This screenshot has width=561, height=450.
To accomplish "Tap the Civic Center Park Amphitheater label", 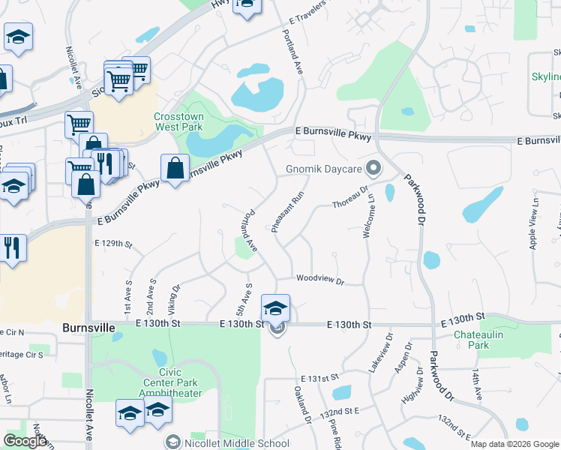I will pos(169,382).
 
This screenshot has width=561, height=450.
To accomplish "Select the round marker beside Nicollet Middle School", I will pos(174,442).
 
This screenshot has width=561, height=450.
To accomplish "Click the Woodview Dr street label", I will pos(319,280).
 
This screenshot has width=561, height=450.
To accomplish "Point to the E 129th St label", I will pos(113,244).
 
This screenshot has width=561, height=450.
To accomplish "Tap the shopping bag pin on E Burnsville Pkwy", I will pos(175,169).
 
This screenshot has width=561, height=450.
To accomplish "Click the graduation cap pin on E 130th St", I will pos(275,308).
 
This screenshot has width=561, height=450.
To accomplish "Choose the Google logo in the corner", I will pos(25,441).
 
